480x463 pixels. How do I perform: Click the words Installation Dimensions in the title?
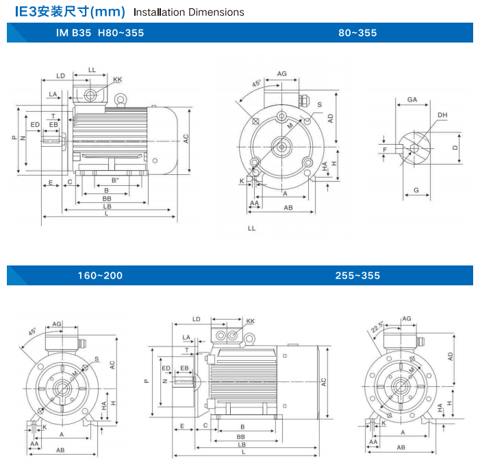(188, 12)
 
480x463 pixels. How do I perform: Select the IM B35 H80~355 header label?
(100, 32)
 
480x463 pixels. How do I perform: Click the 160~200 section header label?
(100, 275)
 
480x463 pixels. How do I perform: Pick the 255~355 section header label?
(357, 275)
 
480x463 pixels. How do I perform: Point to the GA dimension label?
(412, 99)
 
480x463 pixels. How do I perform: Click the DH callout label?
(442, 115)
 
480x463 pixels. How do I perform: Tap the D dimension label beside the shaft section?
(455, 147)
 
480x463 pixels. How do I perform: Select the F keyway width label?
(386, 149)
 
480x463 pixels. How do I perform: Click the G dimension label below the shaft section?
(416, 189)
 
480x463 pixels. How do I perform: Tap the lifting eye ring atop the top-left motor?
(121, 101)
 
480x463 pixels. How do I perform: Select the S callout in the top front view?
(319, 104)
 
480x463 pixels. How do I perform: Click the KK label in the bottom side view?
(250, 321)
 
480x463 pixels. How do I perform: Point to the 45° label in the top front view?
(257, 84)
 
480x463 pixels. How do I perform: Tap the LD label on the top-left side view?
(60, 75)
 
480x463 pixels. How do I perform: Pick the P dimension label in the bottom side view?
(146, 381)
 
